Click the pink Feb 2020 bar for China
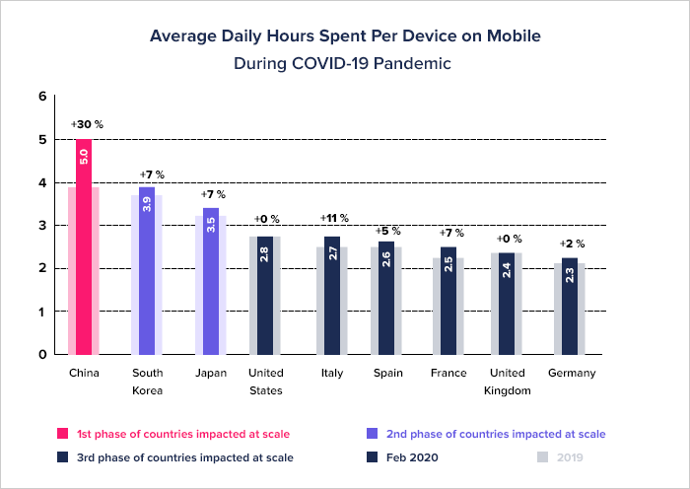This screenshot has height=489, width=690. coord(84,246)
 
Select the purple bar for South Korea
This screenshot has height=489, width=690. coord(147,270)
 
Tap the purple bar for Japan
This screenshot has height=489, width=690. coord(210,281)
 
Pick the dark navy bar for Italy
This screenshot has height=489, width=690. coord(332,296)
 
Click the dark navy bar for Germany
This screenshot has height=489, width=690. coord(570,306)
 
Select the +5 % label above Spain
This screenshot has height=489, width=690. coord(388,231)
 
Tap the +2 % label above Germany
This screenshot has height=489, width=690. coord(573,244)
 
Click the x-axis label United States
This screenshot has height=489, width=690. coord(265,382)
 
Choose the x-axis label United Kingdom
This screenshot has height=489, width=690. coord(509,382)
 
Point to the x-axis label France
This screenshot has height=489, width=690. coord(448,374)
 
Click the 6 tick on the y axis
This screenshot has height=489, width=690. coord(41,97)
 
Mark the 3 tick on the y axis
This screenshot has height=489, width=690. coord(41,226)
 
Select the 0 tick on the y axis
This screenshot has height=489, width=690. coord(41,355)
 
